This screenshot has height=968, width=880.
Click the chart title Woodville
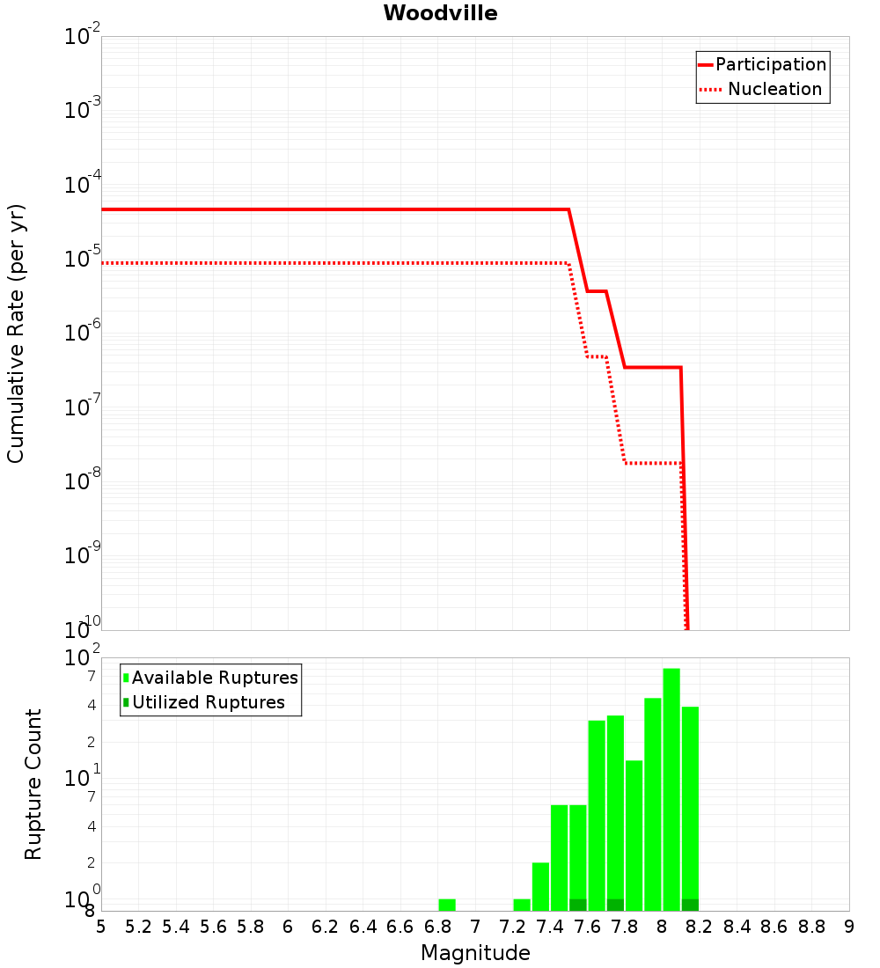click(440, 13)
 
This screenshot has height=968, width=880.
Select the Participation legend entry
click(770, 64)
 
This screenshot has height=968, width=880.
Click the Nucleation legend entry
click(774, 89)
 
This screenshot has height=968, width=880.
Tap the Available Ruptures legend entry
click(215, 678)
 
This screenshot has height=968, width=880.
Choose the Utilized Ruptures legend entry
click(208, 702)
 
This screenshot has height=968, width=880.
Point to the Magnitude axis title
click(475, 953)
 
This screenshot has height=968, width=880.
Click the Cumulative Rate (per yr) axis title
click(16, 333)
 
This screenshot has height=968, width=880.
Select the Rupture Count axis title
click(33, 783)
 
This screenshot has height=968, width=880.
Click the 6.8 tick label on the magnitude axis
click(437, 927)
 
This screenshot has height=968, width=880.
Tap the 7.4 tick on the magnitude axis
click(550, 927)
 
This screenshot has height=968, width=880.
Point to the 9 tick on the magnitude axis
click(849, 927)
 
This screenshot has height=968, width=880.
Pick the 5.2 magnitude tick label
click(138, 927)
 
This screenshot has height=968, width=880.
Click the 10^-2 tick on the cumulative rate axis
click(83, 37)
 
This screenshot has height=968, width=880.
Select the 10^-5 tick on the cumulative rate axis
click(83, 260)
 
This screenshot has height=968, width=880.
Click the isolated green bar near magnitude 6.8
click(447, 905)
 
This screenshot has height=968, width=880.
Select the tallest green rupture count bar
click(671, 789)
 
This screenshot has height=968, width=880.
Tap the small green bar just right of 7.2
click(522, 905)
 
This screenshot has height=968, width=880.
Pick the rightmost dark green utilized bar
click(690, 905)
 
